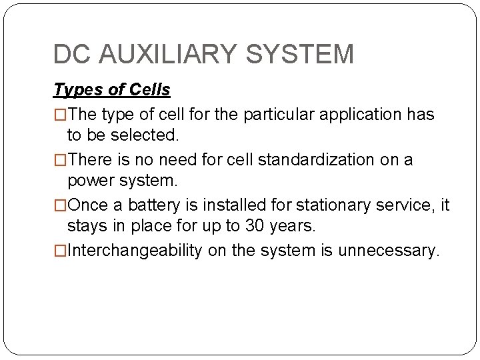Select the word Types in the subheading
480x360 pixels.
73,89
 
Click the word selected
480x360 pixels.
145,135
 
